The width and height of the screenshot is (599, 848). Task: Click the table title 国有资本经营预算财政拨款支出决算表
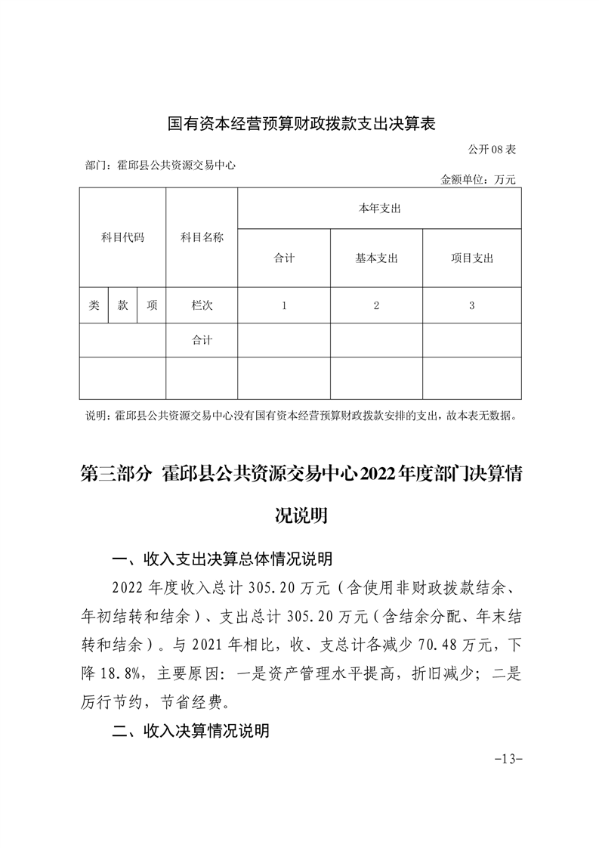coord(302,122)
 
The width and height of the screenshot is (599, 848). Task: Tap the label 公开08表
coord(491,150)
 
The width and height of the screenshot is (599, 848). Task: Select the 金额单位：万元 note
coord(477,180)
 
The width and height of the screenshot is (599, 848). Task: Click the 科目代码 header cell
coord(122,237)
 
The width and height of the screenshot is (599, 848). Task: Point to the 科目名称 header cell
coord(202,237)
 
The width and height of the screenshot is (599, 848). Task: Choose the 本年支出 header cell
coord(379,208)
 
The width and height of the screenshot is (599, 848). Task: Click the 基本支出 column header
coord(376,258)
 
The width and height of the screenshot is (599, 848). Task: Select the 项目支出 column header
coord(471,258)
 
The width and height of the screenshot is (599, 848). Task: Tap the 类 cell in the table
coord(94,305)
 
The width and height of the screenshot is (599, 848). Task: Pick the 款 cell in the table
coord(122,305)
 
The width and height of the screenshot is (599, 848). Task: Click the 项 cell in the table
coord(152,305)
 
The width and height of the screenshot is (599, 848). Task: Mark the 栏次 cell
coord(202,305)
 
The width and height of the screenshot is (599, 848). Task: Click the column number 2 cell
coord(376,305)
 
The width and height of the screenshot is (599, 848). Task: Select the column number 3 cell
coord(471,305)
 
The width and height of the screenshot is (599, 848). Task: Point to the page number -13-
coord(502,759)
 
